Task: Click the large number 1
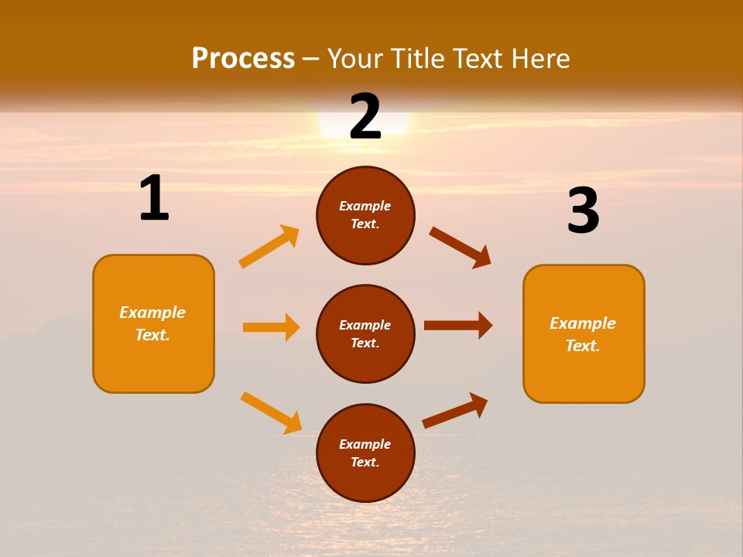[x=154, y=199]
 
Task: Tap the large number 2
[x=365, y=117]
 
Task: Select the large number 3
[x=583, y=212]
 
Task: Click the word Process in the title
[x=243, y=58]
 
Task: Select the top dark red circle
[x=365, y=216]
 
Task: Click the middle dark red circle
[x=365, y=333]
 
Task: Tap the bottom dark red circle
[x=365, y=453]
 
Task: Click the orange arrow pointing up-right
[x=269, y=247]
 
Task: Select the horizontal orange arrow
[x=271, y=327]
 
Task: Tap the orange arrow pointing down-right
[x=271, y=412]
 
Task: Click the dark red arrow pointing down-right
[x=461, y=248]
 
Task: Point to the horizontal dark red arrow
[x=458, y=325]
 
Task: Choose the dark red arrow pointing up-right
[x=455, y=410]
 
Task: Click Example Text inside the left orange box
[x=152, y=323]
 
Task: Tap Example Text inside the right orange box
[x=583, y=334]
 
